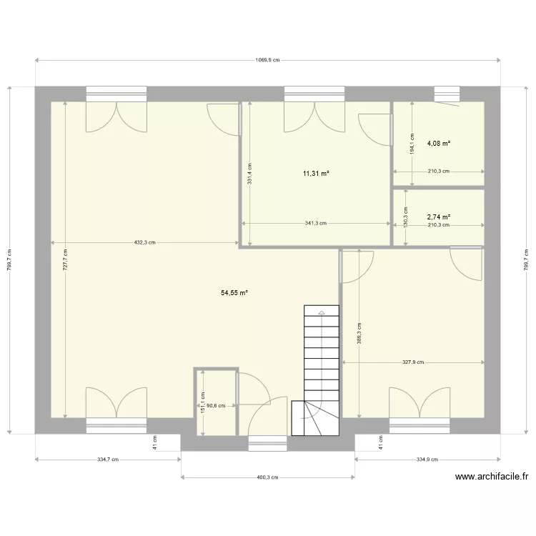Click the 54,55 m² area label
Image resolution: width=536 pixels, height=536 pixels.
pos(234,293)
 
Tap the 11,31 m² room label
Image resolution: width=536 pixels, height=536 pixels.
pos(315,174)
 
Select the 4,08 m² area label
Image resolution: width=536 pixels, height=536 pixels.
pos(439,144)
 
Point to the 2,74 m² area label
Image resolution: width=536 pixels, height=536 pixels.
pos(439,217)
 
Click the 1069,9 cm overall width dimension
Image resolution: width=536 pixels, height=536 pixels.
pos(268,61)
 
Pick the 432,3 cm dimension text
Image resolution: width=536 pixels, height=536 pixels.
pos(145,242)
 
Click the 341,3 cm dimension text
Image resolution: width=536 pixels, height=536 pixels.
pos(315,223)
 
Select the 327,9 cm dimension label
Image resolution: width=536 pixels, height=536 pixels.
pos(413,362)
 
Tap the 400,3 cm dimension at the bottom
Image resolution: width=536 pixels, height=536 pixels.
pos(268,477)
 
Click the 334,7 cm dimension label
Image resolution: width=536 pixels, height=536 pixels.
pos(107,460)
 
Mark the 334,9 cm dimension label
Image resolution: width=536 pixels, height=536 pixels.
pos(428,460)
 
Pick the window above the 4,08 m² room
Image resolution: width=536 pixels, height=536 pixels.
pos(448,94)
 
